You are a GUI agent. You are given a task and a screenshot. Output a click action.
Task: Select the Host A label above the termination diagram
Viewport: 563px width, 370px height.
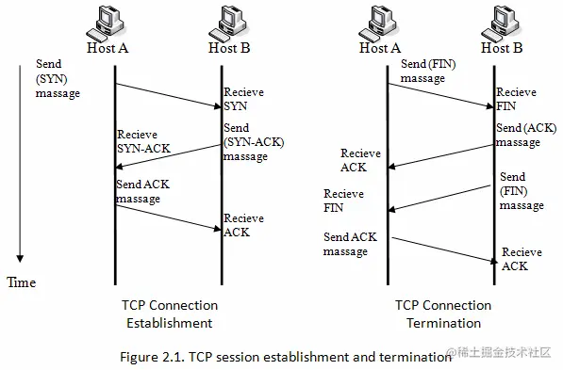tap(380, 48)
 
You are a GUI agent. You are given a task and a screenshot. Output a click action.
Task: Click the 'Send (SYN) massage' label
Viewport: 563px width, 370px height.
tap(58, 79)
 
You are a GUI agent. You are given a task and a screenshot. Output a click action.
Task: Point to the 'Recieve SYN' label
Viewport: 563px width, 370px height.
tap(243, 100)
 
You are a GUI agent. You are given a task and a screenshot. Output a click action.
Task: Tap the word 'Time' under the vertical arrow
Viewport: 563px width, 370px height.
tap(22, 282)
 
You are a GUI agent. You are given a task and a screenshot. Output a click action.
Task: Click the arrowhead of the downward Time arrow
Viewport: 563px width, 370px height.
tap(20, 261)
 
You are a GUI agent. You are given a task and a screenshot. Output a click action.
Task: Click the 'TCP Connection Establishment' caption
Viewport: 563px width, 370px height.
tap(170, 314)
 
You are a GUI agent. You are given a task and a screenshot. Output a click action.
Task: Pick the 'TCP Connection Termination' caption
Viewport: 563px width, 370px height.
tap(443, 314)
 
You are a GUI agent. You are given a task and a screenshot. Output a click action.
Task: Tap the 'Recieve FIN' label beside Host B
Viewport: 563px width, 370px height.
tap(516, 100)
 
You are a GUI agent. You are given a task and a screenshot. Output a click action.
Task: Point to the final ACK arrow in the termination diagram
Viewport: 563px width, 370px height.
tap(441, 249)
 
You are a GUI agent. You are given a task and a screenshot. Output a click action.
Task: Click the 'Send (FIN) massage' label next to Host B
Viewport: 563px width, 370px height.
tap(521, 191)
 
